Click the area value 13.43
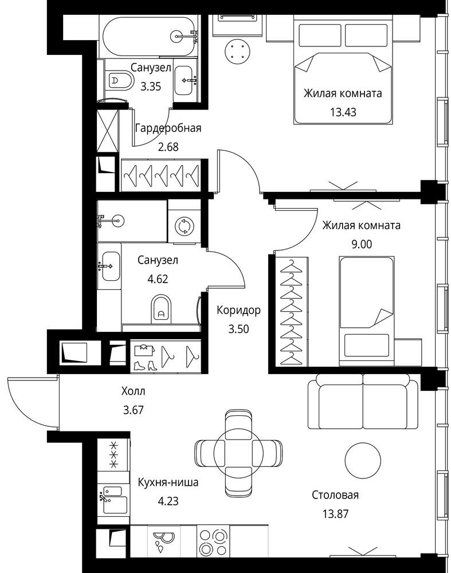(x=343, y=112)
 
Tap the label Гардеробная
(x=168, y=128)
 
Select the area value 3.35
(x=151, y=87)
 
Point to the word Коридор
(x=238, y=310)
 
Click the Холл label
(x=134, y=391)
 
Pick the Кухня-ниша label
(x=168, y=482)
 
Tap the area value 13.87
(x=335, y=514)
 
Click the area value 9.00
(x=362, y=244)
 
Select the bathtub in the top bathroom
(x=150, y=36)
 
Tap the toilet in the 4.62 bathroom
(x=161, y=308)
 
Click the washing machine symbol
(x=184, y=226)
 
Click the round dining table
(x=238, y=453)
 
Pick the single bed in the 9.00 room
(x=367, y=311)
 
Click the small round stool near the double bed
(x=238, y=51)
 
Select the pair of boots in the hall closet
(x=146, y=366)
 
